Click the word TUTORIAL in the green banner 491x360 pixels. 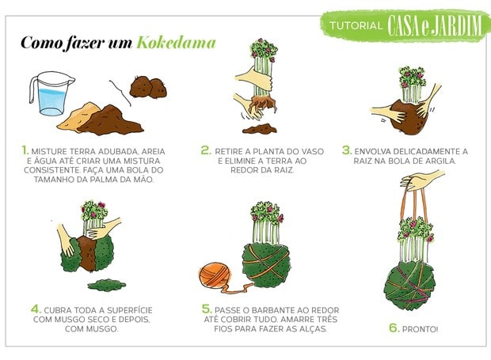356,25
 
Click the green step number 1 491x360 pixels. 25,148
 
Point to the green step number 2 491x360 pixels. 206,148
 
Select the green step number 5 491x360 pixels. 207,309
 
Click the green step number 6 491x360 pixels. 394,328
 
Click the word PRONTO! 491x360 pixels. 425,329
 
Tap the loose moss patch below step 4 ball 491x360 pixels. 105,282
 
